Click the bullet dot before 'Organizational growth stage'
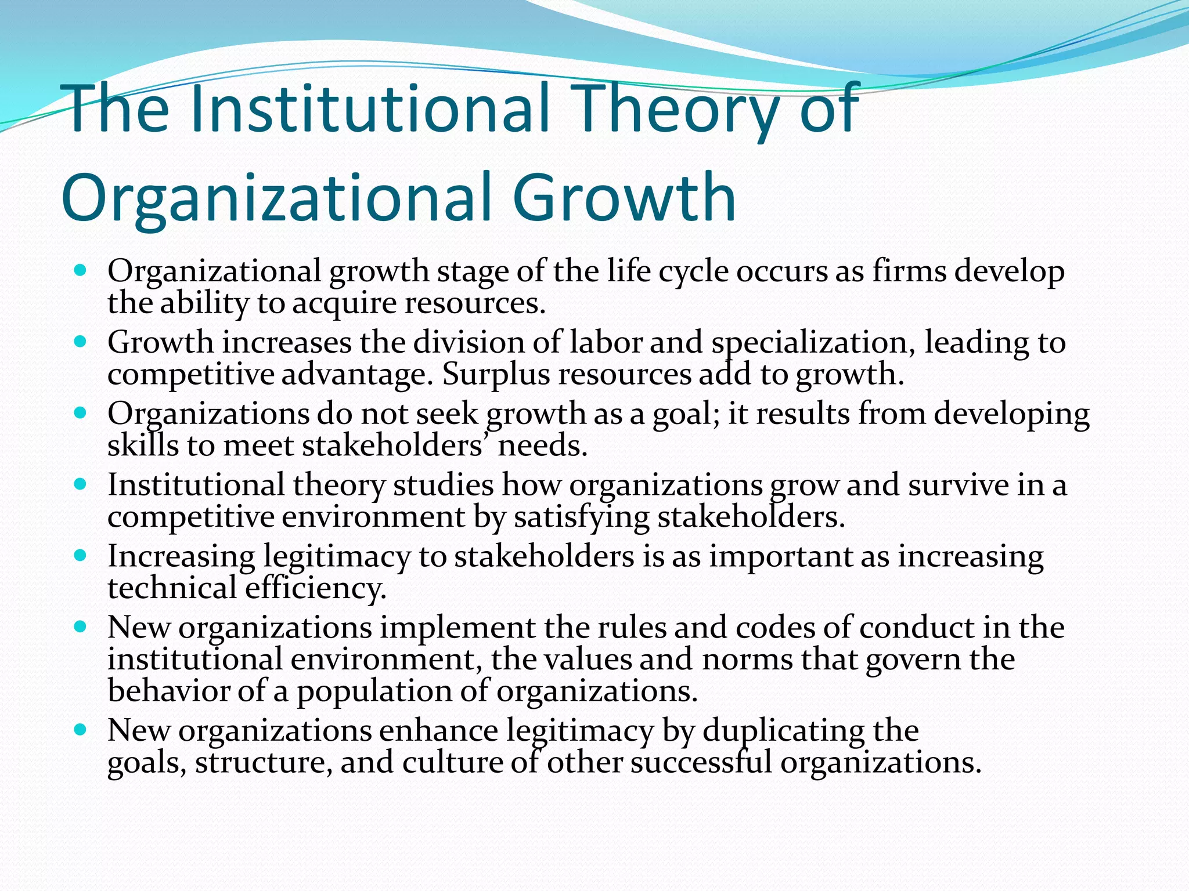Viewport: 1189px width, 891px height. [x=81, y=270]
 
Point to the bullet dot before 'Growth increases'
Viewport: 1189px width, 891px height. [x=81, y=342]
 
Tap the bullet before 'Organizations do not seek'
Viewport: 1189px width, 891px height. [x=81, y=413]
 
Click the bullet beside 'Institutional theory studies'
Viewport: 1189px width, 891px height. [x=81, y=484]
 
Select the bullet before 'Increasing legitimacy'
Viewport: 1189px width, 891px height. [x=81, y=555]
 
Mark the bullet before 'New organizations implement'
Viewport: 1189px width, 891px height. [x=81, y=627]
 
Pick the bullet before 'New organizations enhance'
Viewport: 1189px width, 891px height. [x=81, y=730]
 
